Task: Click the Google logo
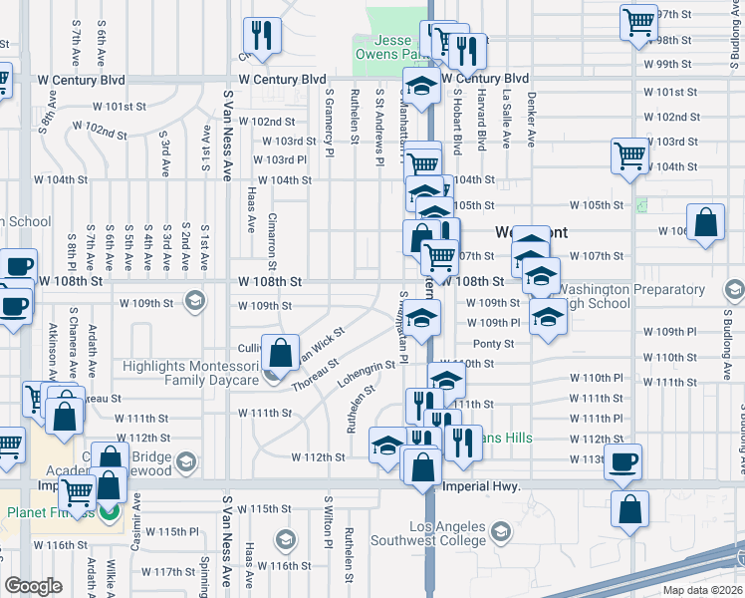tap(33, 586)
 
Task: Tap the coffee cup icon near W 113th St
tap(623, 461)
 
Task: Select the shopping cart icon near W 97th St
tap(637, 20)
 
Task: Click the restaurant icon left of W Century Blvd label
tap(263, 35)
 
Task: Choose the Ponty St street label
tap(493, 344)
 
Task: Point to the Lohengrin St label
tap(368, 377)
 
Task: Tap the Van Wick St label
tap(319, 342)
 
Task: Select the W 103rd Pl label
tap(280, 159)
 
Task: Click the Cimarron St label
tap(271, 231)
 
